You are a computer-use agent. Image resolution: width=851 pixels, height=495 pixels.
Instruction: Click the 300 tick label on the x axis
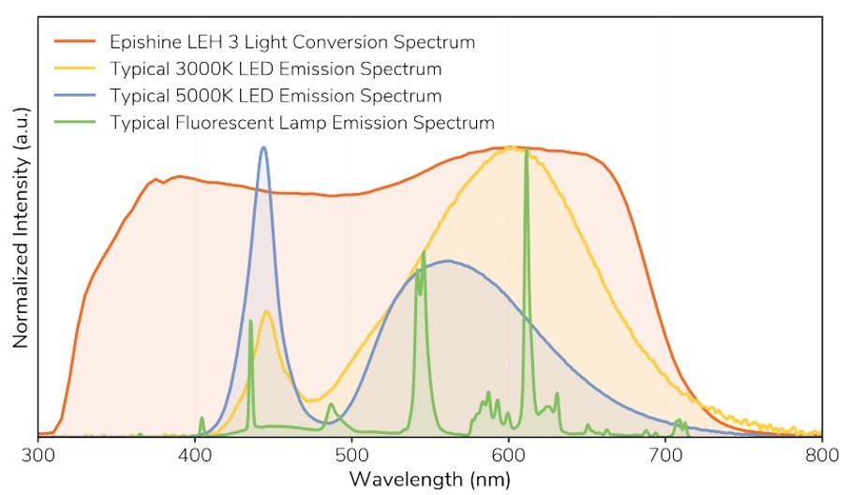point(38,455)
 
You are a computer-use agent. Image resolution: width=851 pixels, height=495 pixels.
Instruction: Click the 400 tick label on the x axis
point(195,455)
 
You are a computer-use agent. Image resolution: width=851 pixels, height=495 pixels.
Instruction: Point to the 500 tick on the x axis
point(351,455)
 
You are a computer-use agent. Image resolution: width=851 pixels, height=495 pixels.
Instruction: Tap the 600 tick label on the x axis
point(508,455)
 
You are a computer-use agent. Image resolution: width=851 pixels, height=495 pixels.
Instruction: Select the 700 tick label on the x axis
point(664,455)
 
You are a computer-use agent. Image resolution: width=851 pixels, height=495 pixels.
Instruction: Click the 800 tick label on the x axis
point(821,455)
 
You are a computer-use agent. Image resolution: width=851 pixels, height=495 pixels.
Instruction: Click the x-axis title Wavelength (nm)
point(430,479)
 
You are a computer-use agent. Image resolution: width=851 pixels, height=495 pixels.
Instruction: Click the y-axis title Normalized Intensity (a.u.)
point(20,228)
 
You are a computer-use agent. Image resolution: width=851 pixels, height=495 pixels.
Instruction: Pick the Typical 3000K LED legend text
point(276,69)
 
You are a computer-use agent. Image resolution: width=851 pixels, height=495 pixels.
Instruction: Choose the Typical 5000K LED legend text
point(276,96)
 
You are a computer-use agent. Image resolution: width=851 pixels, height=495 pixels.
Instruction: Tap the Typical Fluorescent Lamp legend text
point(302,123)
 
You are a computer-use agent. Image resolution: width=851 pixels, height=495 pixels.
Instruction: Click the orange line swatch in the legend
point(76,42)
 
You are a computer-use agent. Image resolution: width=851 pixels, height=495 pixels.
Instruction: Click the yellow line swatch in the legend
point(76,69)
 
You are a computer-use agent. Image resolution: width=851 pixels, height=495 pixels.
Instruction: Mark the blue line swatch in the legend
point(76,96)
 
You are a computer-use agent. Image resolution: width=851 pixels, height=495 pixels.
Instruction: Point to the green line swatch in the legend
point(76,123)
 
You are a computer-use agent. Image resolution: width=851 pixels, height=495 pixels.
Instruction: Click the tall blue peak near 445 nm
point(263,148)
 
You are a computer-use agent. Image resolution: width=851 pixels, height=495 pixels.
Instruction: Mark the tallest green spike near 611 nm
point(527,150)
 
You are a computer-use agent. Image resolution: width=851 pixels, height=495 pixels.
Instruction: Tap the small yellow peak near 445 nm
point(267,311)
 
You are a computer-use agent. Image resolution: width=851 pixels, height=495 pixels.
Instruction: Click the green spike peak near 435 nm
point(250,322)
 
